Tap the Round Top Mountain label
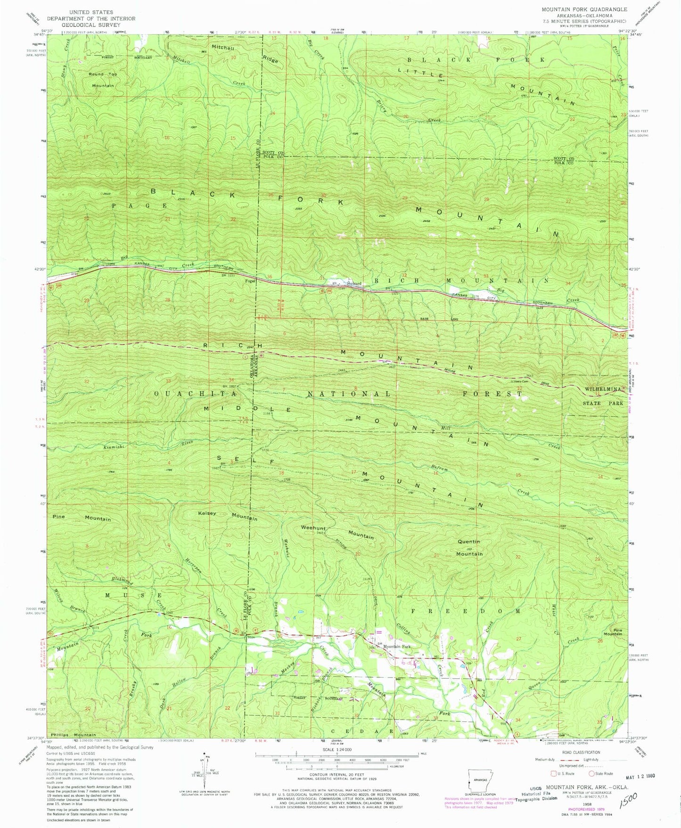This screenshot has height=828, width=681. (x=103, y=80)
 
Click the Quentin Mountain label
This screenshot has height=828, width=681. (x=469, y=547)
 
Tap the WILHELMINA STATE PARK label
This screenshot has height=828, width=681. (x=604, y=397)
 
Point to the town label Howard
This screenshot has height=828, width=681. (x=354, y=283)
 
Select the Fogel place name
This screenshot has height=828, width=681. (x=250, y=281)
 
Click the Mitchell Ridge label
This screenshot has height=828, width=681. (x=245, y=53)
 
